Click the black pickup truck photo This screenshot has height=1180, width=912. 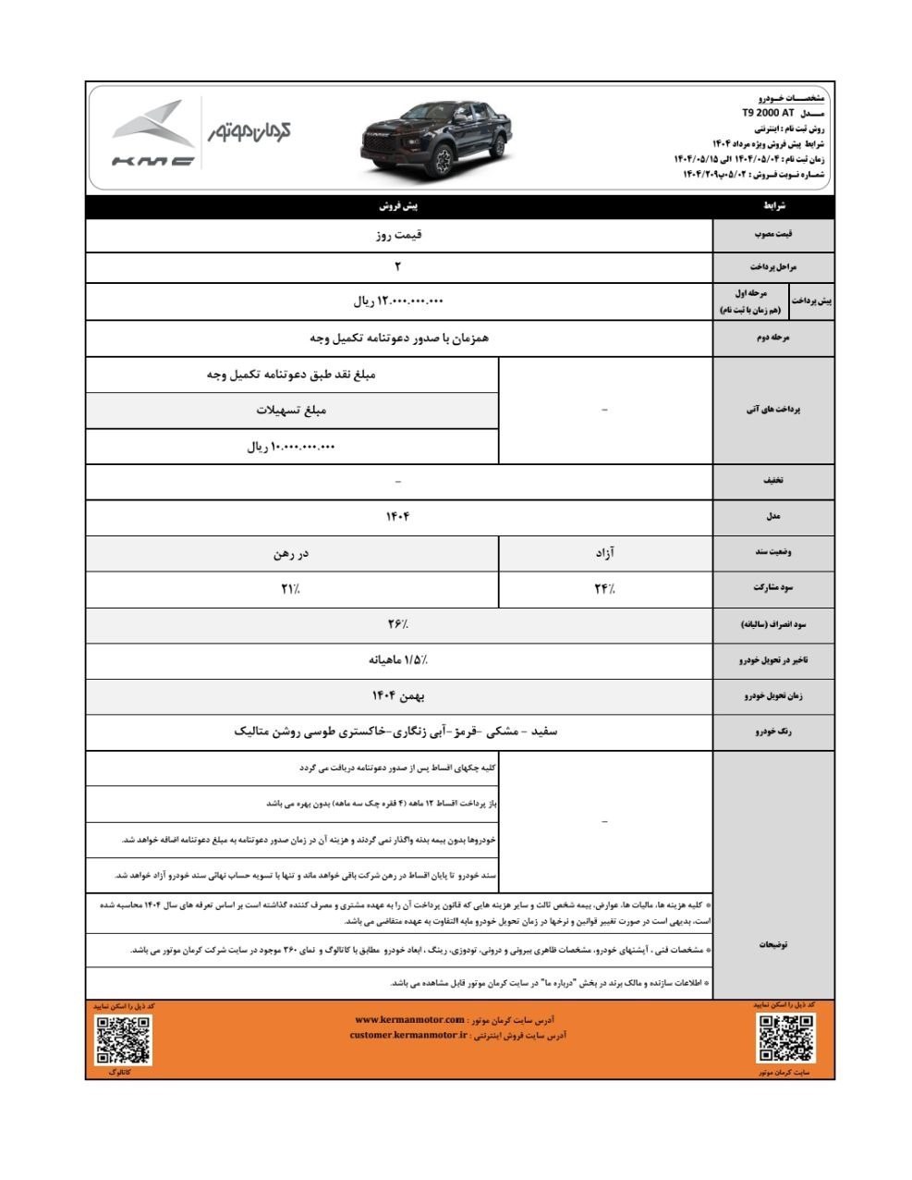(x=434, y=139)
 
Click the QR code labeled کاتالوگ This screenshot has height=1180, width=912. (x=123, y=1039)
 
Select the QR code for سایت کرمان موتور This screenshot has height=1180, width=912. (x=785, y=1038)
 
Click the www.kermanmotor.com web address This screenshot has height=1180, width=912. (x=410, y=1020)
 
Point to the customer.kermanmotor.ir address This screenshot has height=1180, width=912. (x=408, y=1036)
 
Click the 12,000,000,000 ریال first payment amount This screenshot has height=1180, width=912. (x=398, y=301)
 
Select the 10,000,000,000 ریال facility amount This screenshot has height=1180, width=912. (x=291, y=447)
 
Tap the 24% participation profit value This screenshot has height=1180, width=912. (x=604, y=588)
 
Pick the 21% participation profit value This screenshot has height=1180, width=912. (x=291, y=588)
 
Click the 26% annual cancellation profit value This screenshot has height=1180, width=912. (x=398, y=624)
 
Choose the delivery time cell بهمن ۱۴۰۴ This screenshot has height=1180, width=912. (x=398, y=695)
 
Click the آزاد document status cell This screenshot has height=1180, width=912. (x=604, y=553)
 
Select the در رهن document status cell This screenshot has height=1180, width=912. (x=291, y=553)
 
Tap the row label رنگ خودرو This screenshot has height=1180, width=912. (x=772, y=731)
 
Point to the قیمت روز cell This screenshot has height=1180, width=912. (x=398, y=235)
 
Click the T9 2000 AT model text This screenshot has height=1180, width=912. (x=767, y=113)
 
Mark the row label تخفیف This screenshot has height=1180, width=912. (x=772, y=481)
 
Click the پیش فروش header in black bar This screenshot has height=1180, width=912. (x=398, y=206)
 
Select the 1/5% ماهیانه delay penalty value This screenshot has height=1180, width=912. (x=398, y=659)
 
